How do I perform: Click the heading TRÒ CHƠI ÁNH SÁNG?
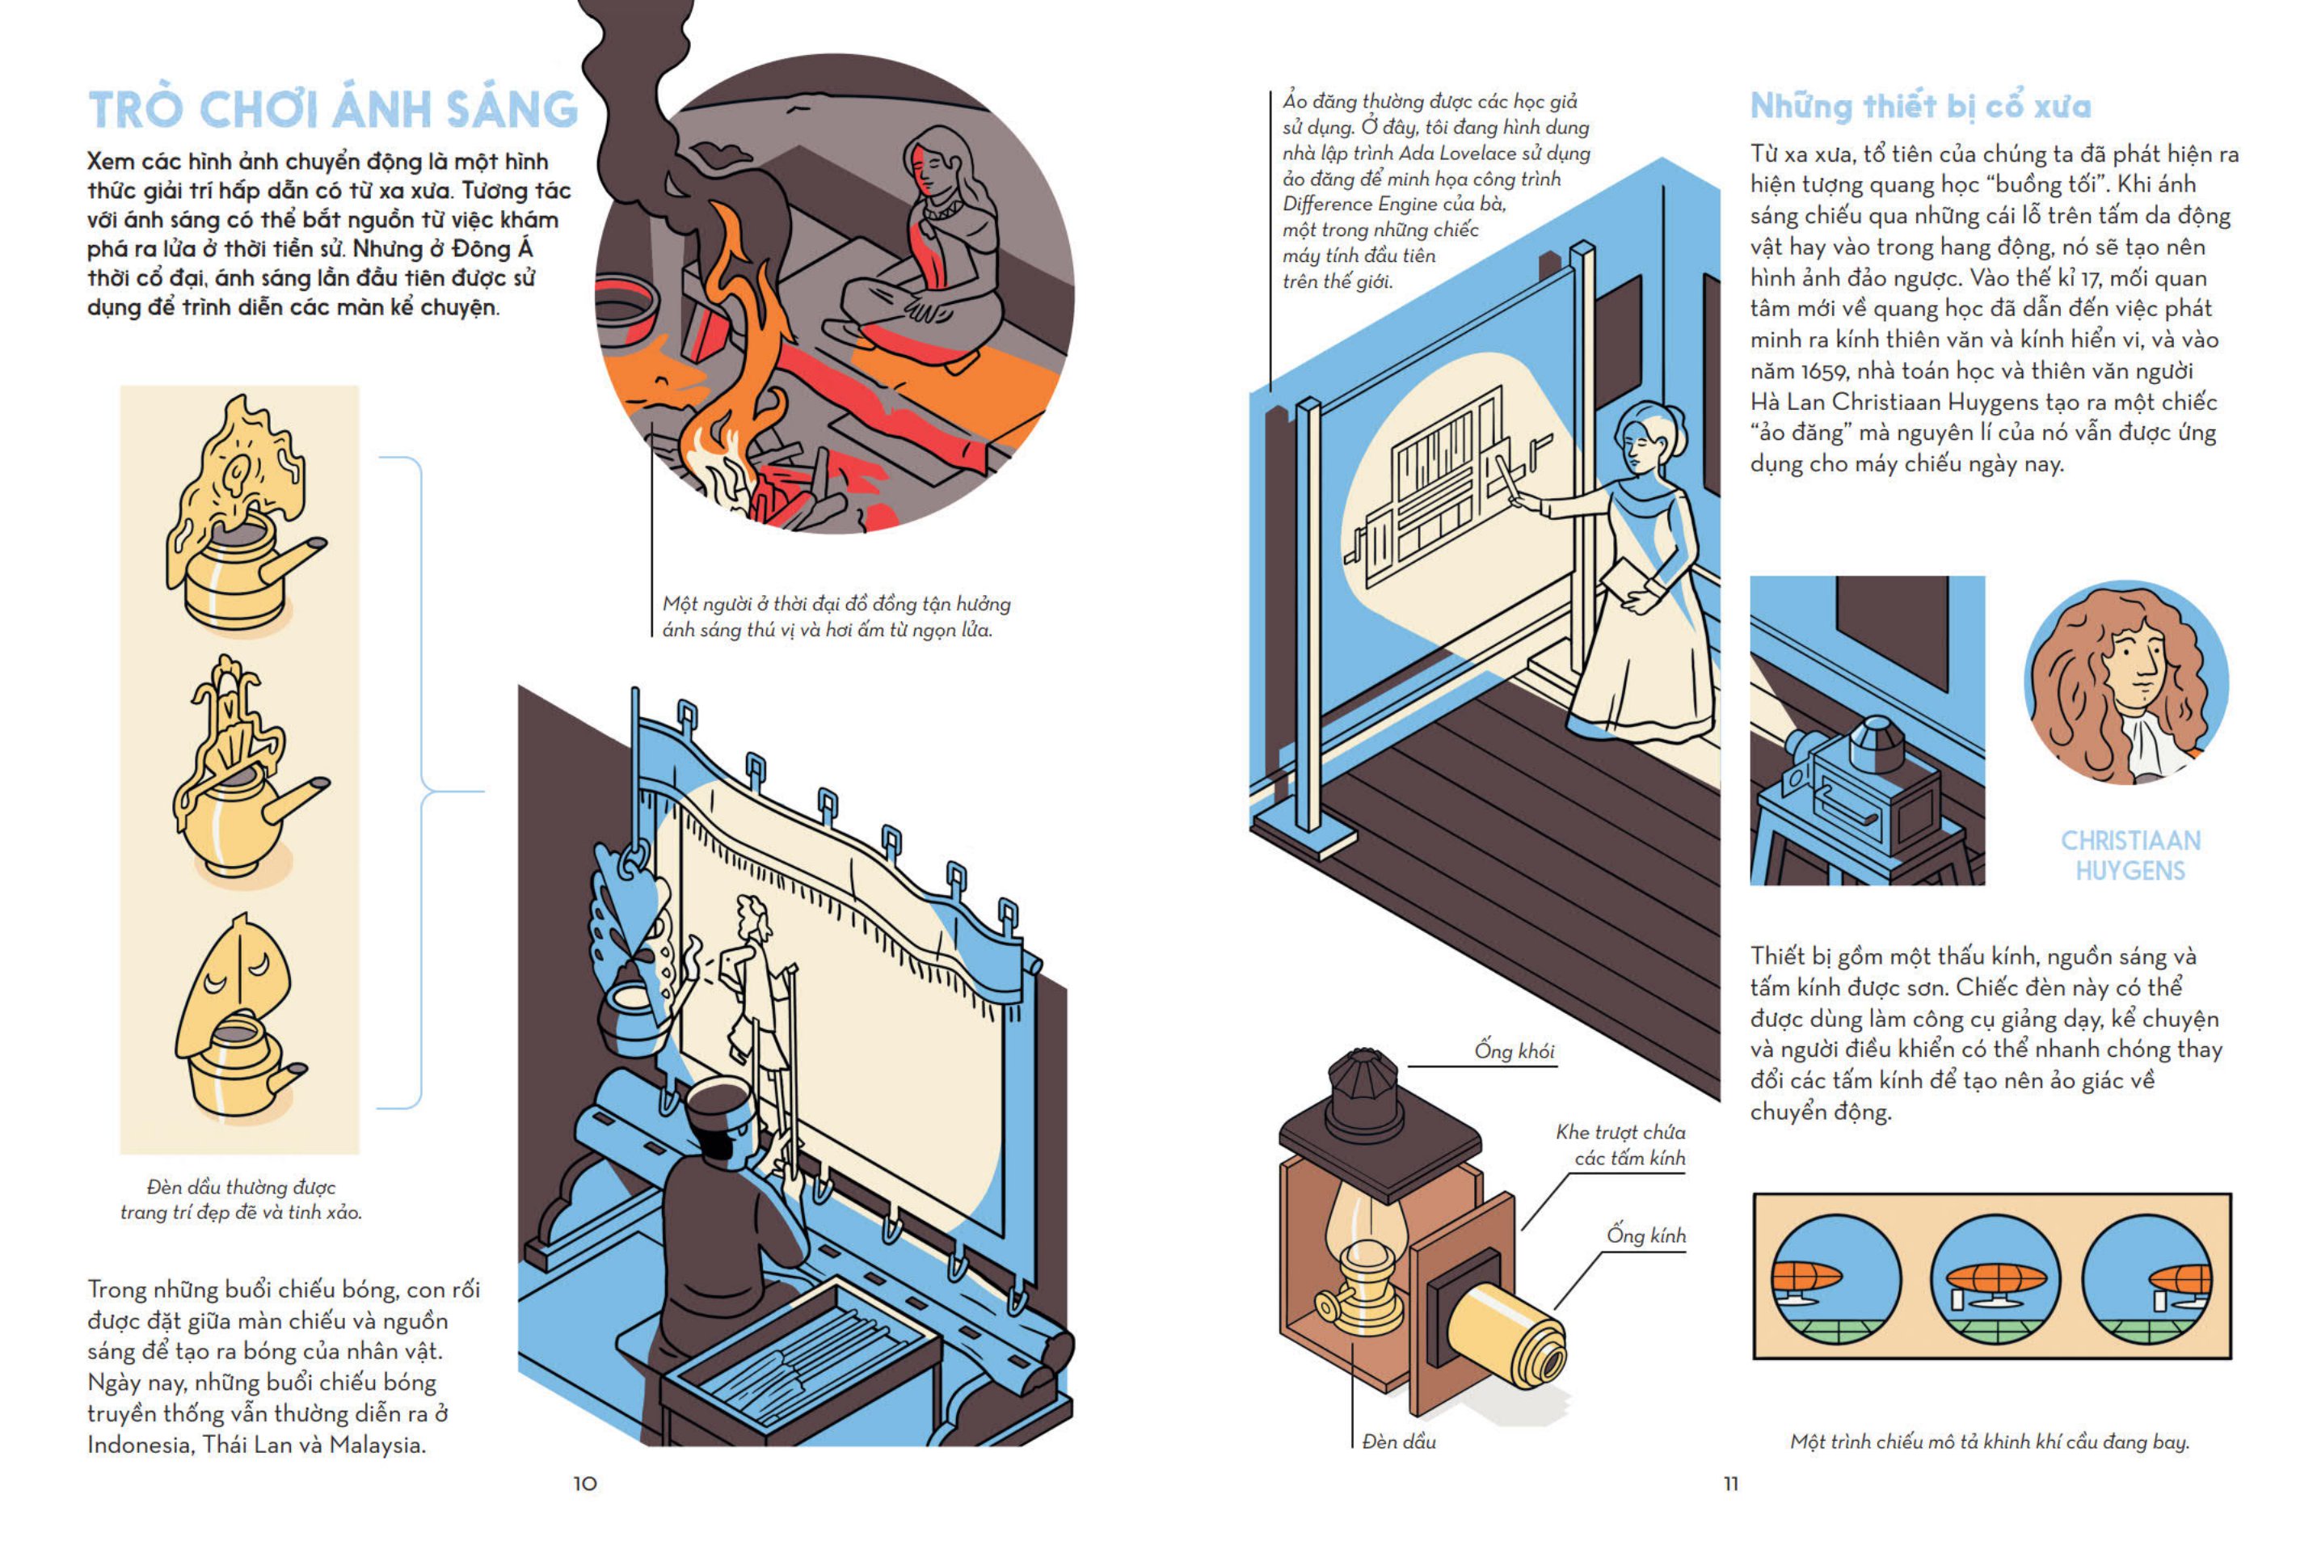pyautogui.click(x=333, y=109)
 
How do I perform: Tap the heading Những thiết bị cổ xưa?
pyautogui.click(x=1919, y=106)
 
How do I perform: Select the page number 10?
pyautogui.click(x=584, y=1484)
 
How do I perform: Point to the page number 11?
pyautogui.click(x=1730, y=1484)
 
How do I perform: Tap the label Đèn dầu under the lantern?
pyautogui.click(x=1399, y=1442)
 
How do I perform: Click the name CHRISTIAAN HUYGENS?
pyautogui.click(x=2130, y=855)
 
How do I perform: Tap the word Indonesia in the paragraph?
pyautogui.click(x=140, y=1445)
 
